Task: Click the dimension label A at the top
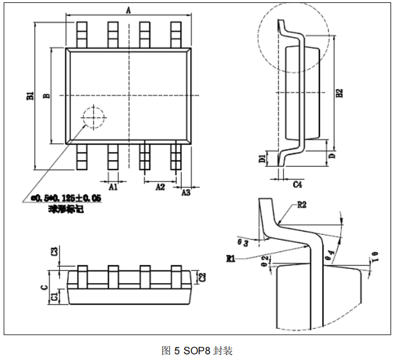(129, 10)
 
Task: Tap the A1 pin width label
(113, 187)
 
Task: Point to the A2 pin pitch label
(160, 187)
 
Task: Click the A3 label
(186, 192)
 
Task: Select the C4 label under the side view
(297, 184)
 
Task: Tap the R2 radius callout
(301, 205)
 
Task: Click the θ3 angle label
(244, 242)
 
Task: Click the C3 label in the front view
(54, 251)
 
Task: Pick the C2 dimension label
(202, 276)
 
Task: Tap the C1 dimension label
(54, 296)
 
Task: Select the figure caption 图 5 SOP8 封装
(197, 350)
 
